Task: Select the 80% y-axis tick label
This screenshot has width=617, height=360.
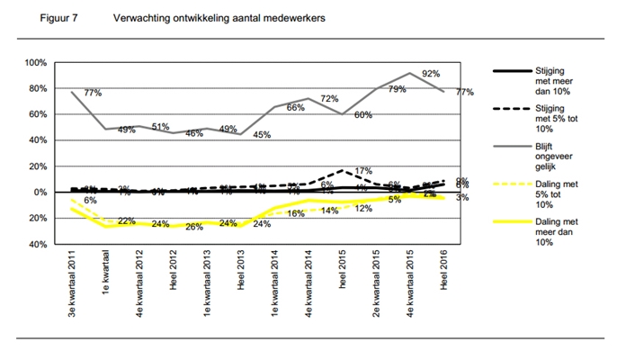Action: pyautogui.click(x=36, y=89)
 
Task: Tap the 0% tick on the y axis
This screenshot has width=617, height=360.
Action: pyautogui.click(x=39, y=193)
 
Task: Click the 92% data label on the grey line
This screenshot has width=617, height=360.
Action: pyautogui.click(x=430, y=74)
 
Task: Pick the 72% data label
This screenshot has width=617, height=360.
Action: pyautogui.click(x=329, y=99)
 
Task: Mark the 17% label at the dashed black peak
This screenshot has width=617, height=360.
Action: pyautogui.click(x=363, y=171)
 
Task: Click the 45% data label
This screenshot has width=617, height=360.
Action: pyautogui.click(x=263, y=136)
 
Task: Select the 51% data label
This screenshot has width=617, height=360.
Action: pyautogui.click(x=161, y=127)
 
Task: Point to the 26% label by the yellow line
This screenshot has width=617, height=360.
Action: pyautogui.click(x=194, y=226)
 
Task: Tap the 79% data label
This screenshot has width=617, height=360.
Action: pyautogui.click(x=397, y=89)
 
